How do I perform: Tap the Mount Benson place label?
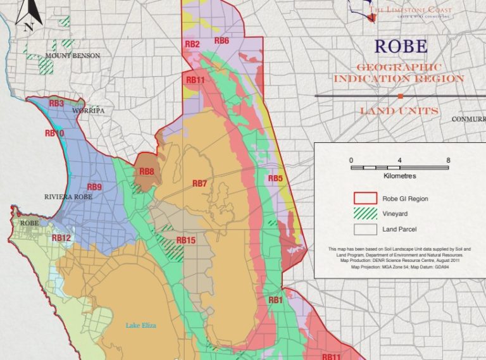click(x=73, y=56)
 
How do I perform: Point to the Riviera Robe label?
click(x=68, y=197)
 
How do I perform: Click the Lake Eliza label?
click(x=140, y=326)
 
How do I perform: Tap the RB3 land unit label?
click(x=56, y=103)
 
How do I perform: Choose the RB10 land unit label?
click(x=54, y=133)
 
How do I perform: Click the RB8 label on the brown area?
click(x=147, y=171)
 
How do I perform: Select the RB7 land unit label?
click(x=200, y=183)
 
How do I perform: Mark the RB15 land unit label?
click(x=186, y=240)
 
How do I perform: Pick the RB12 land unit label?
click(x=61, y=238)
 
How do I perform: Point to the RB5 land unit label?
click(x=275, y=178)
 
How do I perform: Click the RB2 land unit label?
click(x=192, y=44)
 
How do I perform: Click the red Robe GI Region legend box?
click(x=364, y=199)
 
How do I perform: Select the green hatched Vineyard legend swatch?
click(x=364, y=214)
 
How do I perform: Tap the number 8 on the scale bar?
click(x=448, y=160)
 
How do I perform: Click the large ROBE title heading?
click(x=401, y=46)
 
